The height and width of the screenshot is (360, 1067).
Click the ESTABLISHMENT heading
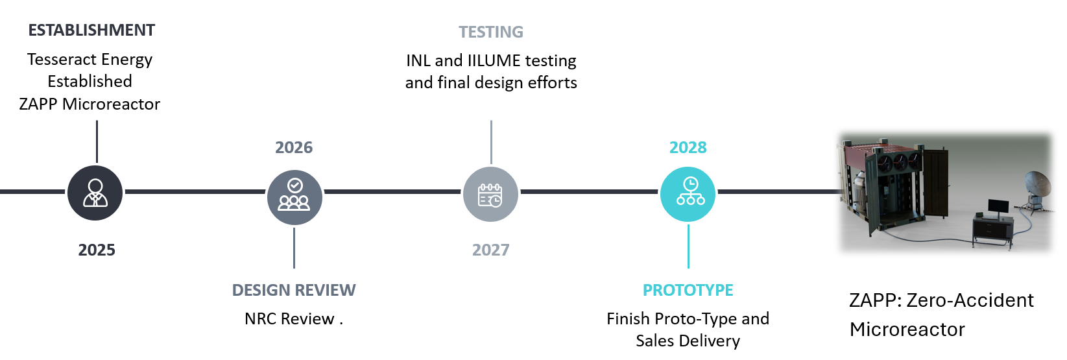click(x=91, y=30)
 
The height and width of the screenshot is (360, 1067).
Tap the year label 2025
click(x=97, y=250)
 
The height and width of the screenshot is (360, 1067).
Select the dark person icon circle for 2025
click(x=95, y=193)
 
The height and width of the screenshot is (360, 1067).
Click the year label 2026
click(x=294, y=148)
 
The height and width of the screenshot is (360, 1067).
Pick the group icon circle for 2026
click(x=294, y=197)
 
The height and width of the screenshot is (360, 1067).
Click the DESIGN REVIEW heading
click(x=294, y=291)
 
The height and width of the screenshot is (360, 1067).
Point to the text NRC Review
click(x=289, y=319)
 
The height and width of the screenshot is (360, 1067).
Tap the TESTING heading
click(x=491, y=32)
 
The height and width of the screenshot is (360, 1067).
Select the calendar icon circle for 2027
click(x=490, y=195)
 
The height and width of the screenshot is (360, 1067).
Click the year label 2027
click(x=491, y=250)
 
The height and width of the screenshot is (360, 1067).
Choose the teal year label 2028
click(x=688, y=148)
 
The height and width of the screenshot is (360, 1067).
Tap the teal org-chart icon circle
click(x=688, y=194)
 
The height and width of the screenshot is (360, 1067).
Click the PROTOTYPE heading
click(x=688, y=291)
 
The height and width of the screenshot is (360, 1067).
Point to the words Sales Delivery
click(x=688, y=341)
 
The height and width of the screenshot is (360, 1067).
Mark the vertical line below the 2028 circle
click(x=688, y=246)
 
